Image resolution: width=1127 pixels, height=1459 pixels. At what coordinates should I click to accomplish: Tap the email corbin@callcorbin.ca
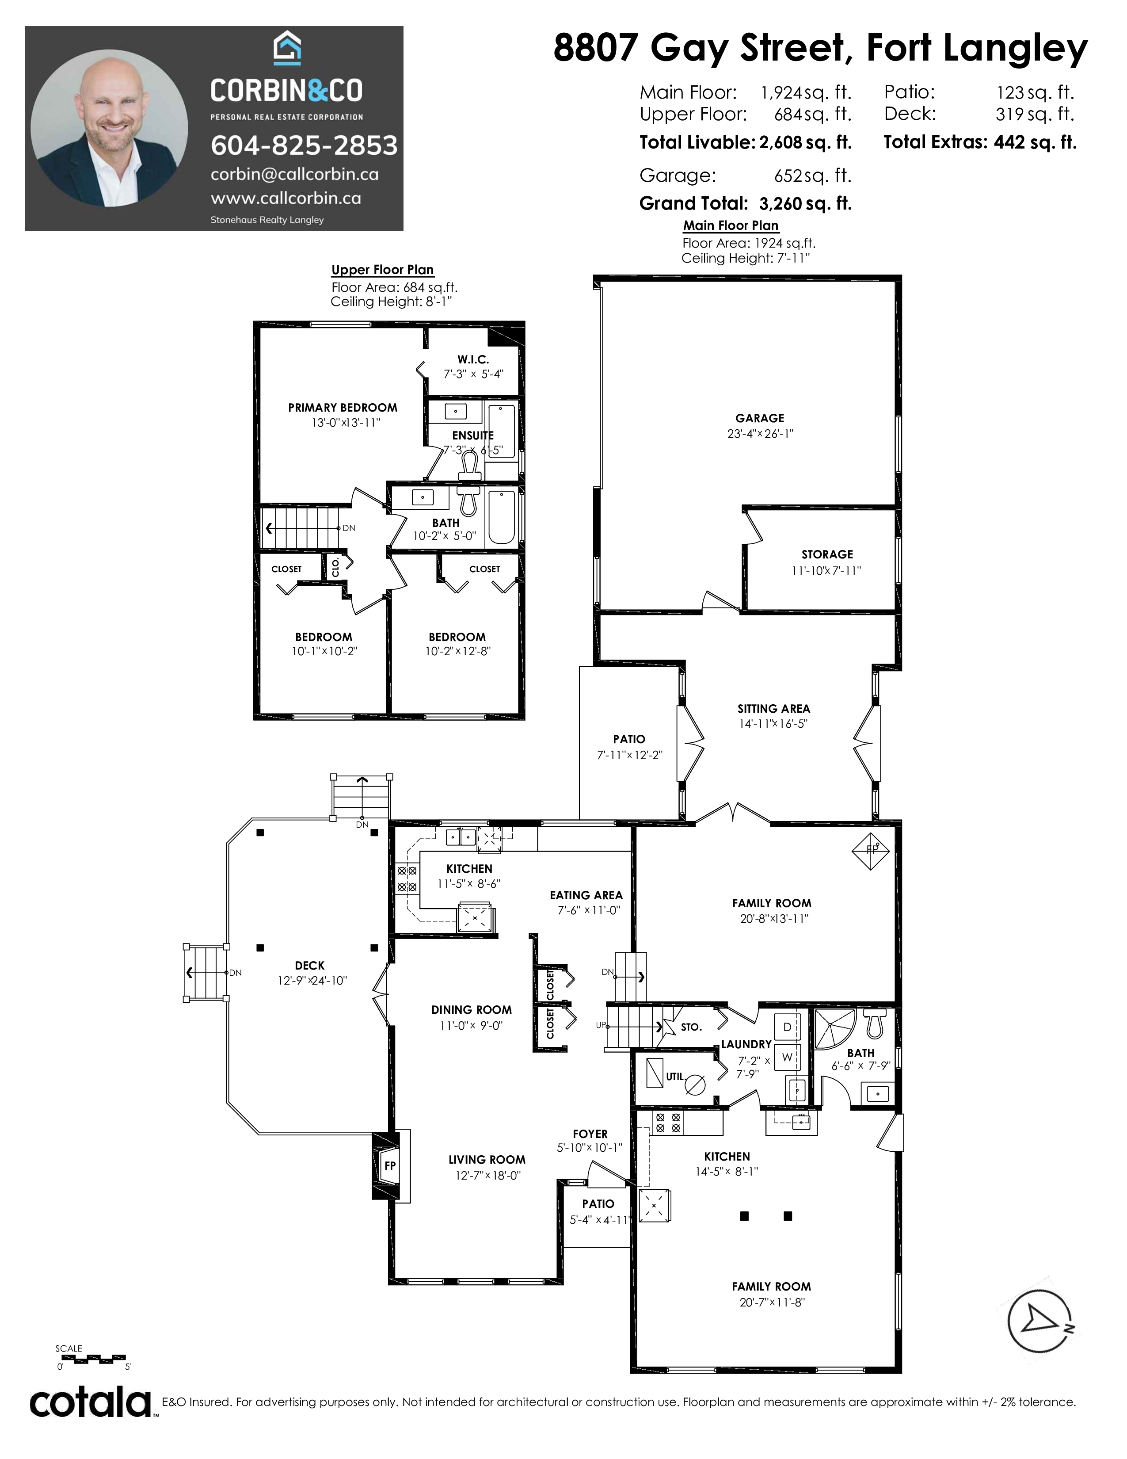(x=294, y=174)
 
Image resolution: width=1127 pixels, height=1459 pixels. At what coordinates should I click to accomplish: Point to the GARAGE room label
(x=760, y=418)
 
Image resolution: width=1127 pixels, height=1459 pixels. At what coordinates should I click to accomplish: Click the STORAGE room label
(x=827, y=554)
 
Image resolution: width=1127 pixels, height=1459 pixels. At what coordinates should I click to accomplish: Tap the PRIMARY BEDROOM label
(x=343, y=408)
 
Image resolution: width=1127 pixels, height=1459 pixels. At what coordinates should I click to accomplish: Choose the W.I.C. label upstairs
(x=473, y=360)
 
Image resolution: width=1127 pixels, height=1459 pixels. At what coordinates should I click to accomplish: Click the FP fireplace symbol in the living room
(x=390, y=1166)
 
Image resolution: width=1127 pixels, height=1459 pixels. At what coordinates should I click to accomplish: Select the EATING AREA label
(x=586, y=895)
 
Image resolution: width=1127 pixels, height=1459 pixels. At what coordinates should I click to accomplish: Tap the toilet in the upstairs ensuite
(x=470, y=464)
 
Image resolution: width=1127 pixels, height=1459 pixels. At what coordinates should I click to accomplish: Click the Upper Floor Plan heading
(x=383, y=270)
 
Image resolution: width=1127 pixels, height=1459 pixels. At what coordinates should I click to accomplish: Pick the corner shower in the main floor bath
(x=834, y=1031)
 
